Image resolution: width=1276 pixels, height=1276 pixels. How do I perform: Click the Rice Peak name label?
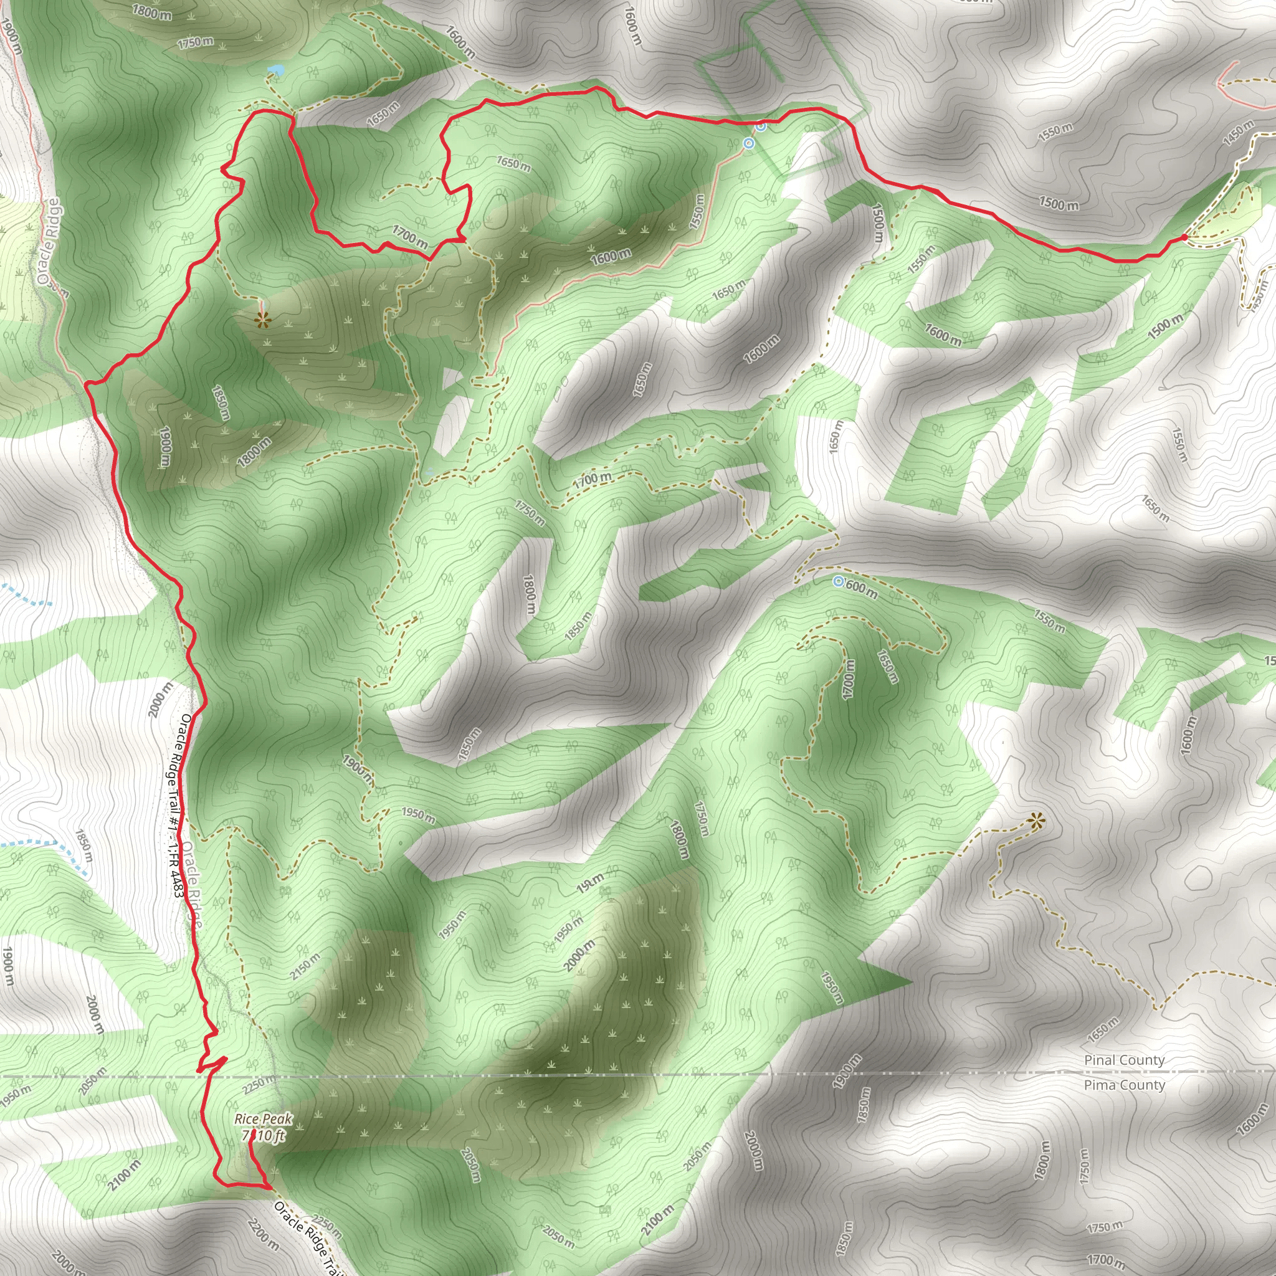pyautogui.click(x=263, y=1119)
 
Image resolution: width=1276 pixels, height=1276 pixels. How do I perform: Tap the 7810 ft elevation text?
pyautogui.click(x=264, y=1135)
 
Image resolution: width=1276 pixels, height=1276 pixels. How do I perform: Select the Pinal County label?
pyautogui.click(x=1124, y=1060)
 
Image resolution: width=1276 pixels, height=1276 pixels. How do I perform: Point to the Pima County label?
pyautogui.click(x=1124, y=1085)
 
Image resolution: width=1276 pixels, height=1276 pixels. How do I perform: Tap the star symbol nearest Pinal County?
pyautogui.click(x=1036, y=822)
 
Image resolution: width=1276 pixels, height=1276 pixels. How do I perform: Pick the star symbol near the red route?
pyautogui.click(x=262, y=321)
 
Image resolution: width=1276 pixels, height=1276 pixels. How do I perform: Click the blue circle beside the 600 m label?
pyautogui.click(x=838, y=581)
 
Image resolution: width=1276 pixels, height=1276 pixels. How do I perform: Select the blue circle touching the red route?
pyautogui.click(x=761, y=125)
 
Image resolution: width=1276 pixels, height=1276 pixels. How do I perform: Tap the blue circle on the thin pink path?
pyautogui.click(x=748, y=143)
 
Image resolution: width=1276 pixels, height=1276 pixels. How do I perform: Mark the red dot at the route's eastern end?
pyautogui.click(x=1184, y=236)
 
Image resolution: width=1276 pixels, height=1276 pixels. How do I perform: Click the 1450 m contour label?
pyautogui.click(x=1239, y=132)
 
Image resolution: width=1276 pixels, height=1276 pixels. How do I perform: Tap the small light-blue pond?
pyautogui.click(x=276, y=69)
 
